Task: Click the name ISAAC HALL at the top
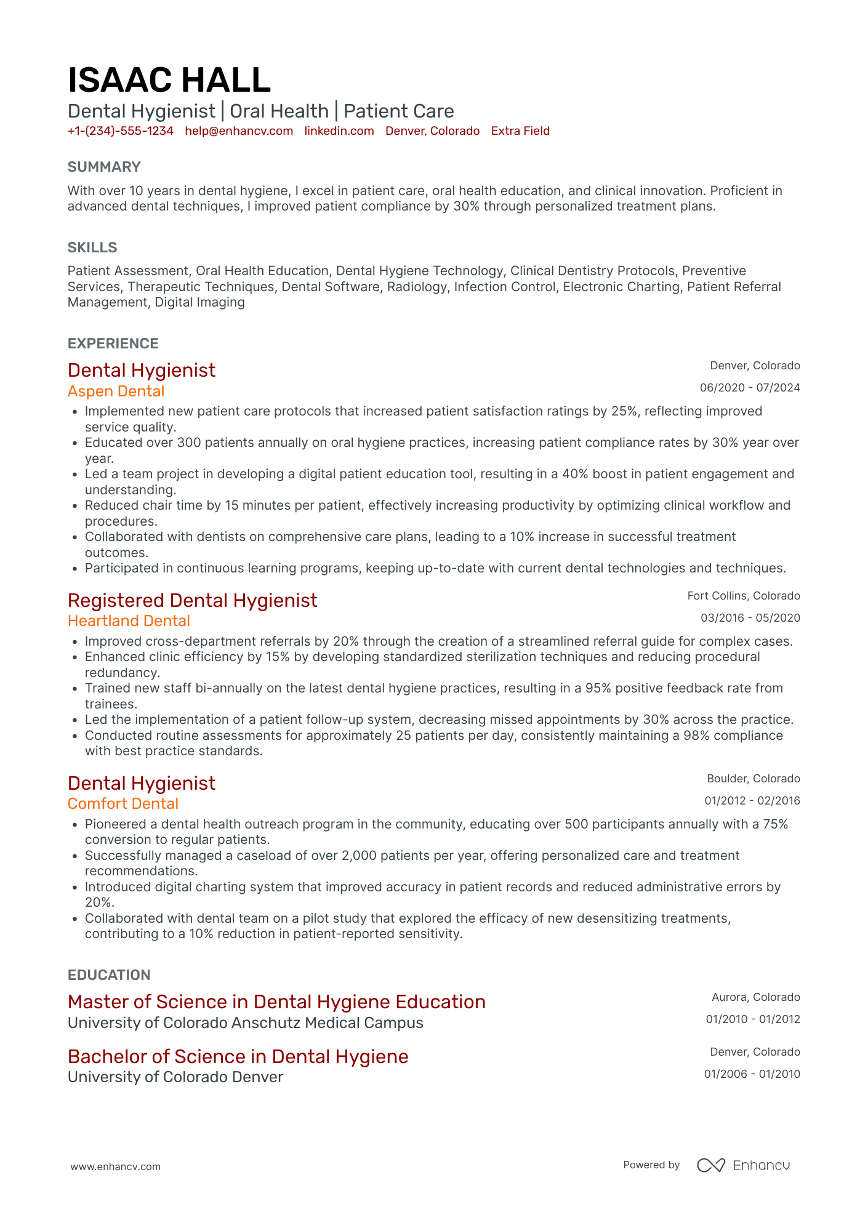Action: tap(169, 81)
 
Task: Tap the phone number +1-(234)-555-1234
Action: tap(120, 131)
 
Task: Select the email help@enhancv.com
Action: tap(239, 131)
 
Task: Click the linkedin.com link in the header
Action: tap(339, 131)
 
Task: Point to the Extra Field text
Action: tap(520, 131)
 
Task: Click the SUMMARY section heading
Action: tap(104, 167)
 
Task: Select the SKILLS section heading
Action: tap(92, 247)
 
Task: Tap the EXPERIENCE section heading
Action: tap(113, 343)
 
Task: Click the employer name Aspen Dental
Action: tap(116, 391)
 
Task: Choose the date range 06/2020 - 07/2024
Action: tap(750, 388)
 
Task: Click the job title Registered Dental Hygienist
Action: tap(192, 600)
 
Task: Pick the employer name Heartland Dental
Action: tap(129, 621)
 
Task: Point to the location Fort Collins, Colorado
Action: tap(744, 596)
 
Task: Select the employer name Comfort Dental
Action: tap(123, 804)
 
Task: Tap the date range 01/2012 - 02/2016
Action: tap(752, 801)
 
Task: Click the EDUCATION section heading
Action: tap(109, 975)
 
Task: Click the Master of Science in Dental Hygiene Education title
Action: tap(276, 1002)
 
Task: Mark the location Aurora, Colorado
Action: tap(756, 997)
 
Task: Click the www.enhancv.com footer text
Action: tap(116, 1166)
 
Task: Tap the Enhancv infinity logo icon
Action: tap(710, 1165)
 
